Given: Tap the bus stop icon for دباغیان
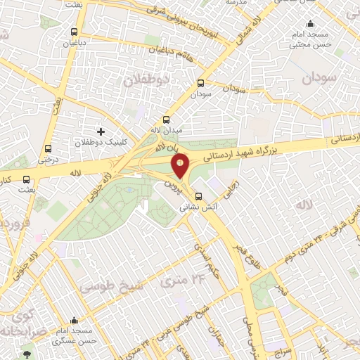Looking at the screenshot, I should (x=75, y=32).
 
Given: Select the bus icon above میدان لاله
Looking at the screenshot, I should (x=167, y=120).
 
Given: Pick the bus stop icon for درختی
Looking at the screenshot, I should (x=48, y=148).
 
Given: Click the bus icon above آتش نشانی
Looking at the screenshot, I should (x=198, y=196).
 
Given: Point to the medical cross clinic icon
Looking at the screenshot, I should (x=101, y=131).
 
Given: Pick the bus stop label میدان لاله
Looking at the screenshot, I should (x=167, y=131).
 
